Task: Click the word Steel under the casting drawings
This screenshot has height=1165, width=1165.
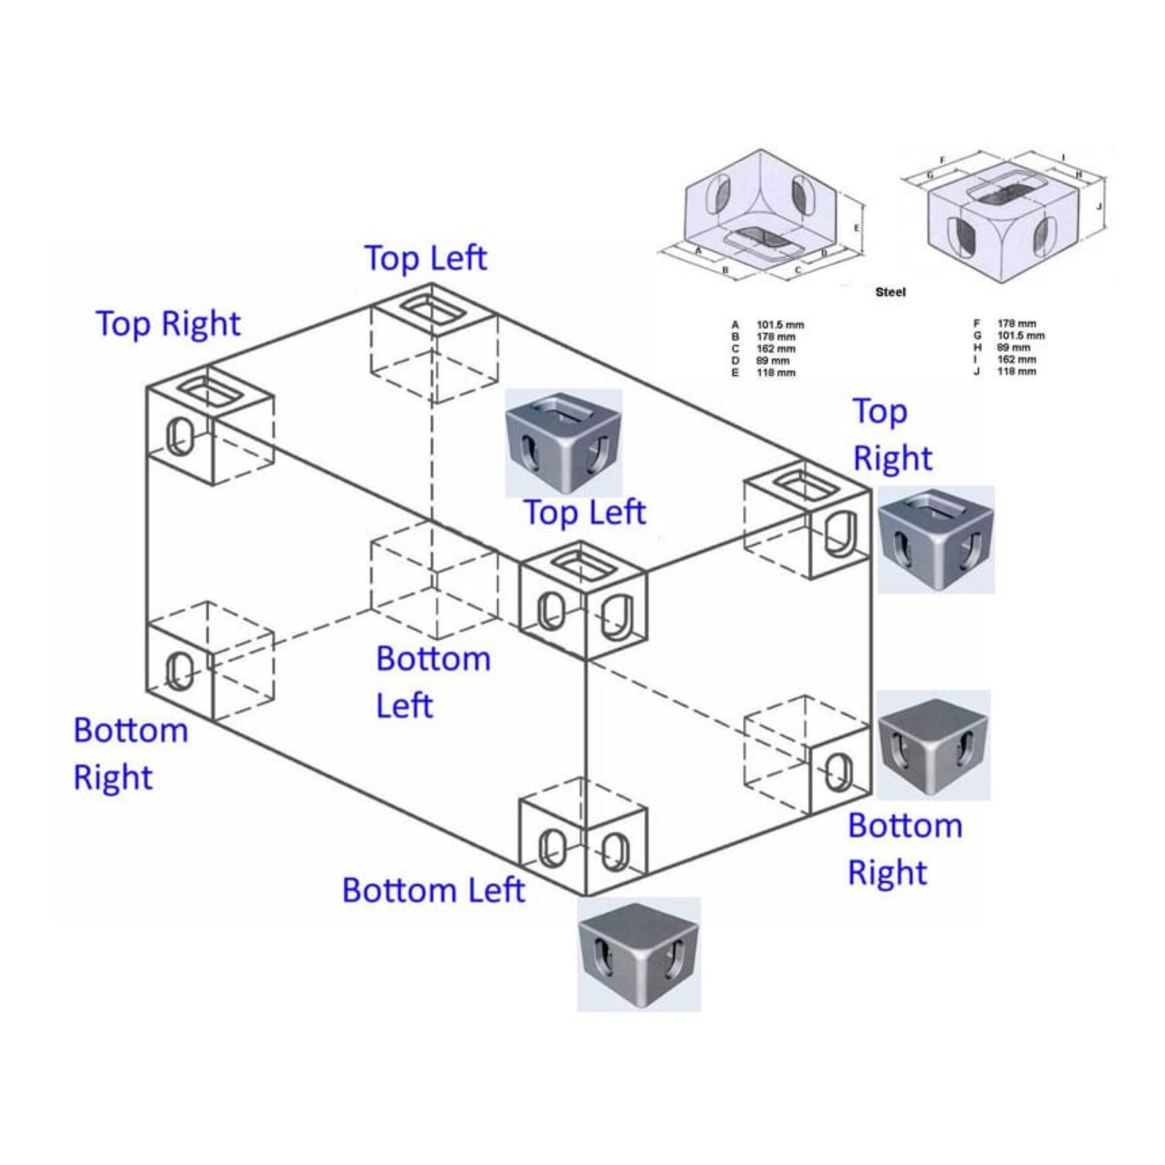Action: pos(890,292)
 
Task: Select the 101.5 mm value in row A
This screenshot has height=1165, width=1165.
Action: pos(781,325)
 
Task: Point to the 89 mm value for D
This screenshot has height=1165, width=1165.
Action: pos(773,361)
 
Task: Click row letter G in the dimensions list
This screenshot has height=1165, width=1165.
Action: pos(977,336)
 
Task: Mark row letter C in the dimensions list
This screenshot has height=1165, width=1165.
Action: pos(735,348)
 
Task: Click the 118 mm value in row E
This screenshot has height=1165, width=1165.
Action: pos(776,373)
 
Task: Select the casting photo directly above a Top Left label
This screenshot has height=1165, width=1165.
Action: pos(563,442)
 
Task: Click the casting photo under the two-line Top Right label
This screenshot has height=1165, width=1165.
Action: pos(935,538)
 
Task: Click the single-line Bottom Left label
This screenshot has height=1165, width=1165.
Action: pos(433,890)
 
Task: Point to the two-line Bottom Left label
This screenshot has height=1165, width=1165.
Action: pos(433,682)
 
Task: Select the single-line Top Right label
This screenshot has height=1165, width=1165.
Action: pos(168,324)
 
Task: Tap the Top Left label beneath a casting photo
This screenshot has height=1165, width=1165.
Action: pos(584,513)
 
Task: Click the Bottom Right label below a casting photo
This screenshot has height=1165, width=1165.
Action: pos(905,849)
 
